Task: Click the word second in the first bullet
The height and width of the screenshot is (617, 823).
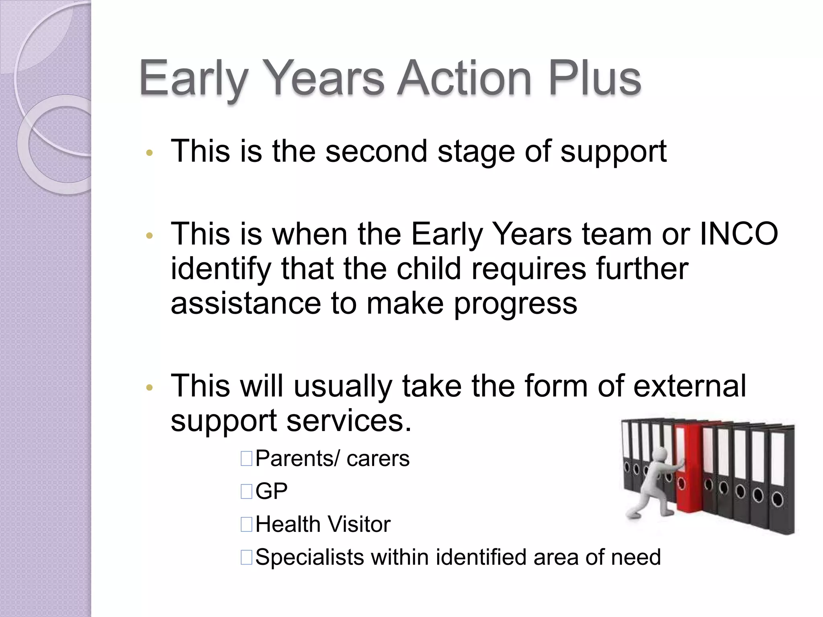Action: (376, 151)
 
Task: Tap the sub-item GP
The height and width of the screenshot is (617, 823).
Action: (272, 491)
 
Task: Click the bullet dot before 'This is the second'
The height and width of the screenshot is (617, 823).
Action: (149, 153)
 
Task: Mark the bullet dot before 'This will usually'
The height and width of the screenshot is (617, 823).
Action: (149, 388)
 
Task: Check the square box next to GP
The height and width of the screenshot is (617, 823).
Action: (246, 491)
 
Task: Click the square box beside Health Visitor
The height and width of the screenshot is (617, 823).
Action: (246, 524)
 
